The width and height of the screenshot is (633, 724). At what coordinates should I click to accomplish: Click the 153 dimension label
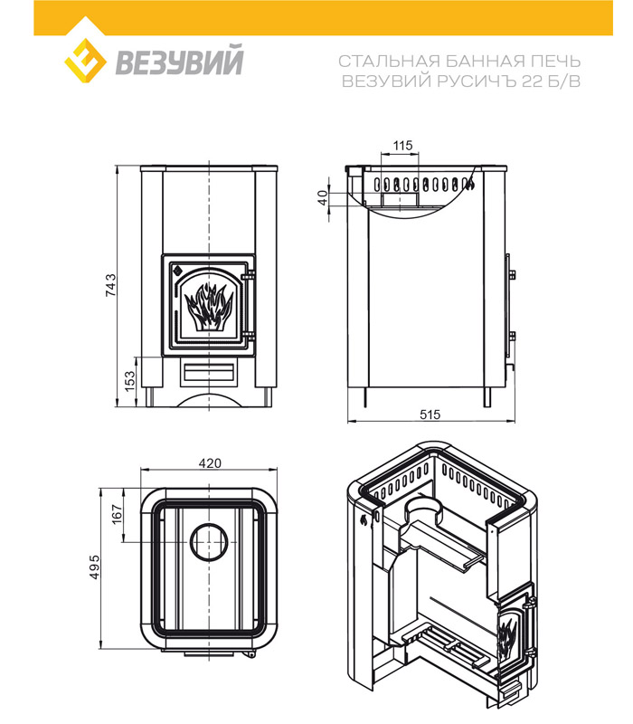click(x=128, y=379)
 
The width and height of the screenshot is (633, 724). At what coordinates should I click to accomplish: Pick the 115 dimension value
click(x=402, y=146)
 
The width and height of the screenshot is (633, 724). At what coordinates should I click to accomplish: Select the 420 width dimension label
click(x=209, y=462)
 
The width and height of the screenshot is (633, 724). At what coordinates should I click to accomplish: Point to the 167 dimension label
click(x=116, y=515)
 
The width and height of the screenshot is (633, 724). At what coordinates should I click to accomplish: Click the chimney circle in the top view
click(x=210, y=544)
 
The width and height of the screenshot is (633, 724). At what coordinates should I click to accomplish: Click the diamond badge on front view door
click(x=177, y=269)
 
